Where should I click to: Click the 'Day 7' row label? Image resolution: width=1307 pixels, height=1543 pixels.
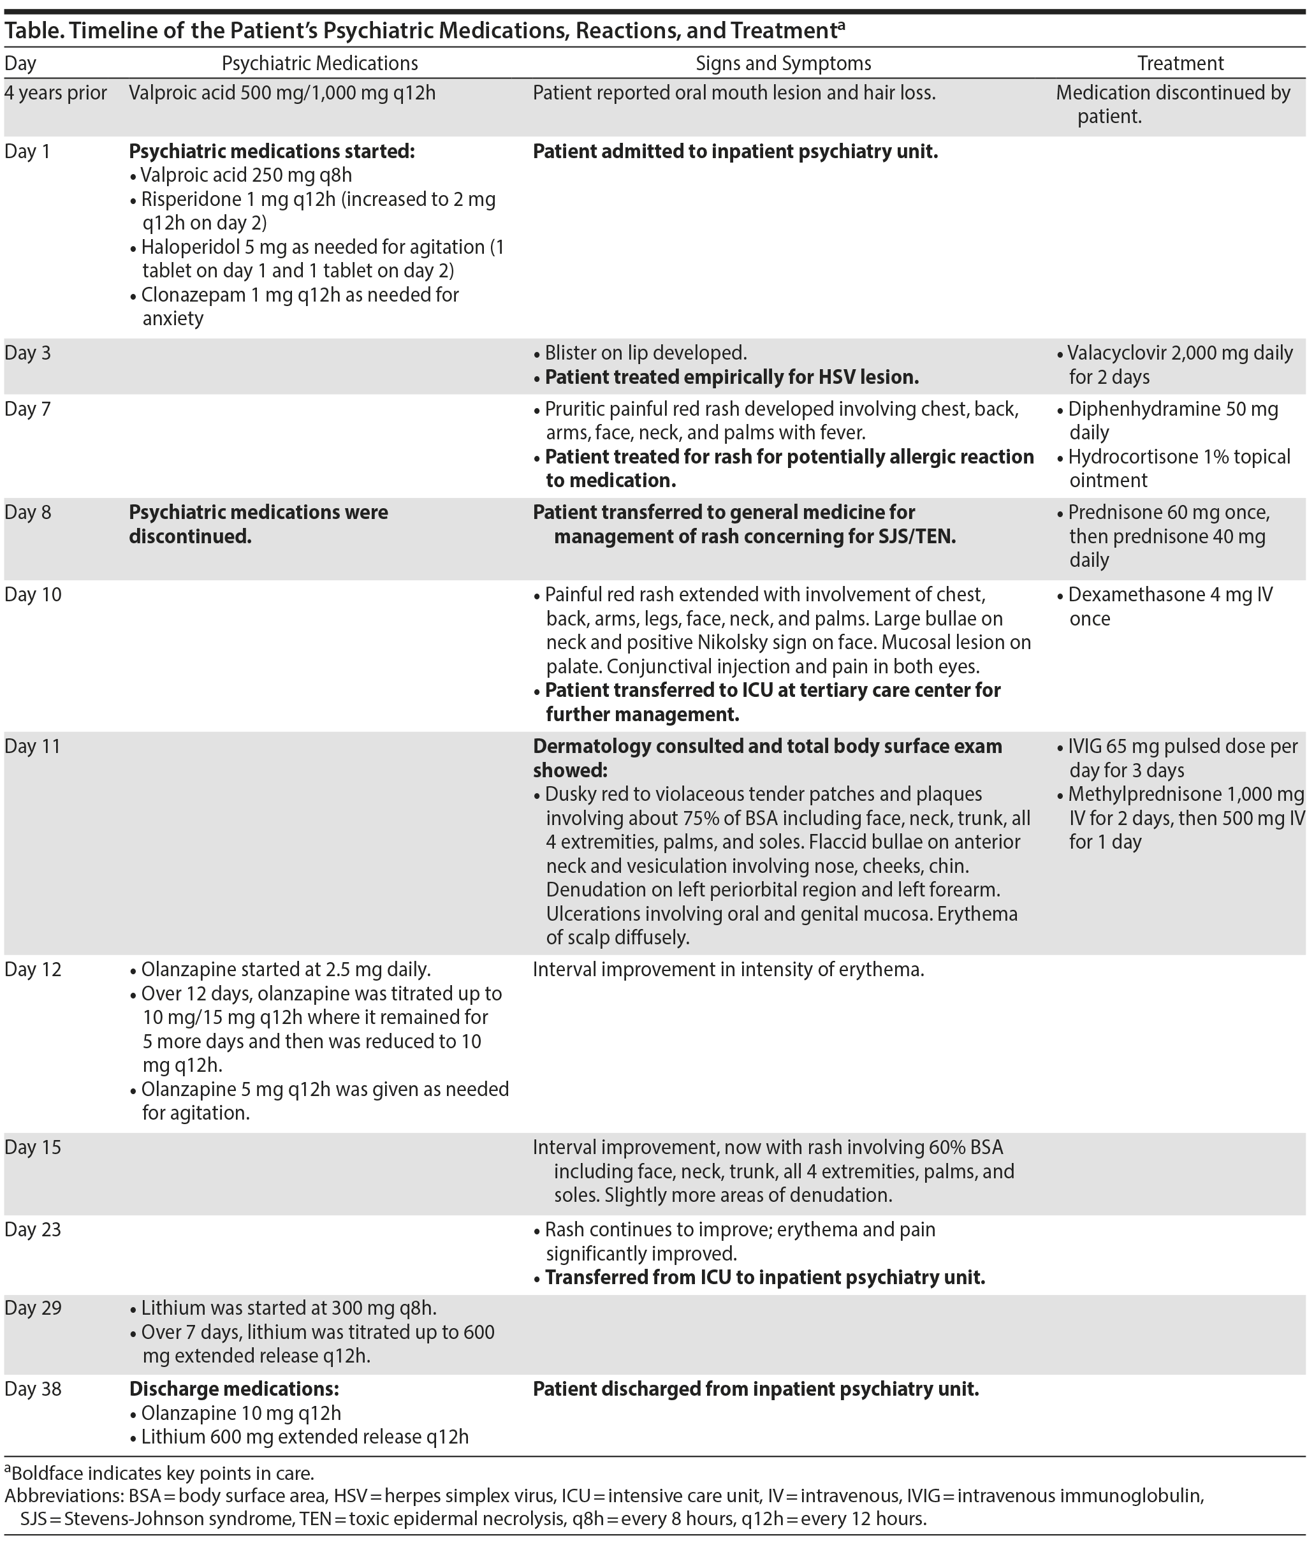point(28,409)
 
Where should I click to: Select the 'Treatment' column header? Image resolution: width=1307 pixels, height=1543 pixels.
point(1180,64)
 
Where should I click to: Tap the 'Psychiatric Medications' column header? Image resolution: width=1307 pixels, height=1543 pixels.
point(319,64)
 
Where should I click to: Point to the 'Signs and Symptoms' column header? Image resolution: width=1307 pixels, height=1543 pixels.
point(783,64)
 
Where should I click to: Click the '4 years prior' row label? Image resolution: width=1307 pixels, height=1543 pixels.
point(55,93)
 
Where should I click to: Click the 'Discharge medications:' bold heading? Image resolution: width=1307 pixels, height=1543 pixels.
point(233,1389)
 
